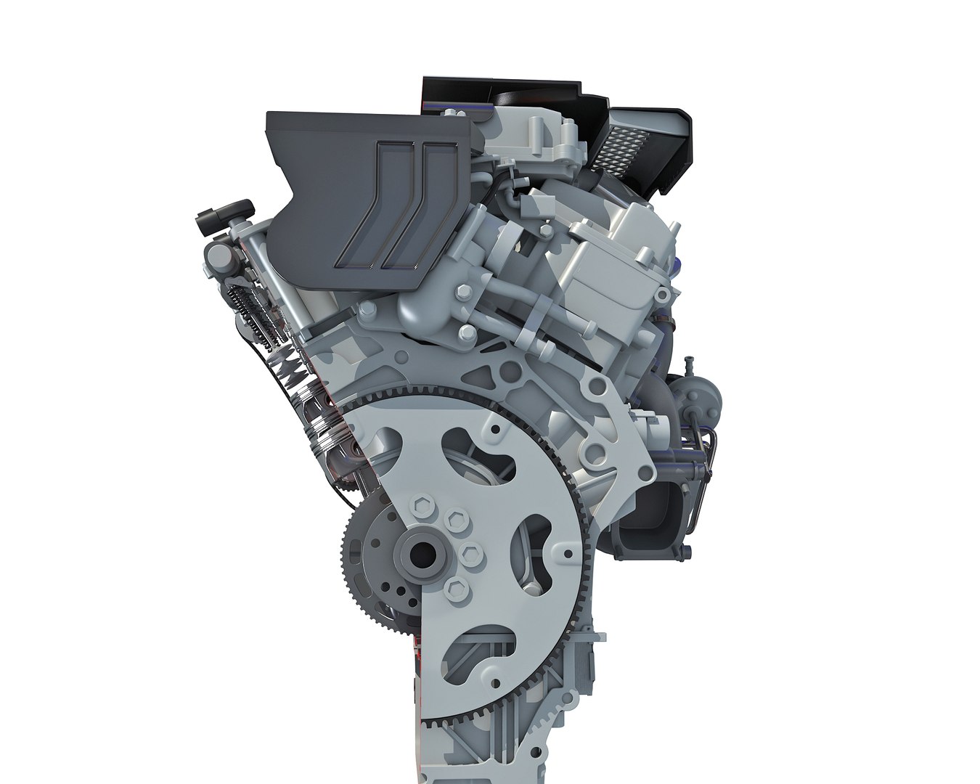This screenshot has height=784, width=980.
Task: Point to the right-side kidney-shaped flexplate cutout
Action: click(534, 540)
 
